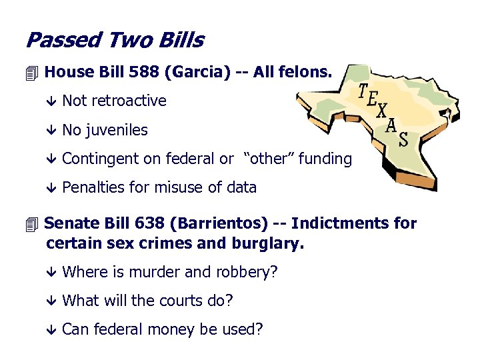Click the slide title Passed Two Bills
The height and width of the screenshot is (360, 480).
[x=114, y=41]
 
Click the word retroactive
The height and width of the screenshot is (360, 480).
[x=129, y=101]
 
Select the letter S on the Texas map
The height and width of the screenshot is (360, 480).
[x=403, y=139]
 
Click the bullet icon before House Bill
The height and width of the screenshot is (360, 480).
[x=33, y=71]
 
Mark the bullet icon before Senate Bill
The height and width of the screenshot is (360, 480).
[x=33, y=223]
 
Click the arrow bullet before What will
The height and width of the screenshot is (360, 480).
[x=53, y=301]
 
